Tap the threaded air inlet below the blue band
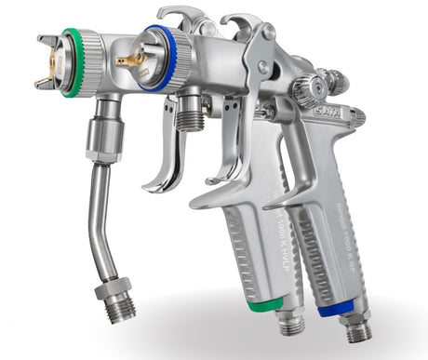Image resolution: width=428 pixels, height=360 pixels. click(x=355, y=328)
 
